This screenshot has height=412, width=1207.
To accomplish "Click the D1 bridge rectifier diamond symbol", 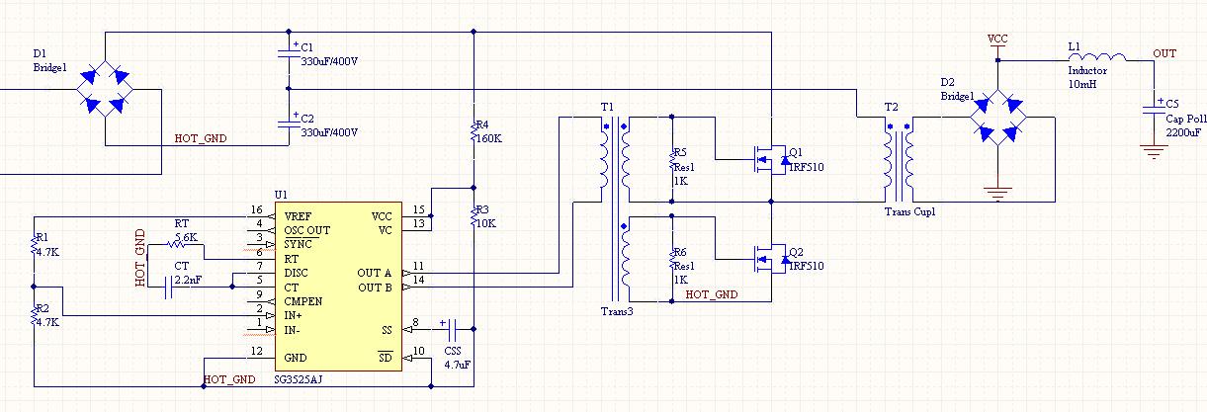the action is (105, 89).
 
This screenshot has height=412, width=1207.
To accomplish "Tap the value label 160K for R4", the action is (489, 138).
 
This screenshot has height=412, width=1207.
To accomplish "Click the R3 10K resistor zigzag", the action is (474, 216).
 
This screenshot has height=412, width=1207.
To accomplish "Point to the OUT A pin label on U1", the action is (374, 273).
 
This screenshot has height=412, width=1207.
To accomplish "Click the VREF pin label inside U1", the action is (298, 216).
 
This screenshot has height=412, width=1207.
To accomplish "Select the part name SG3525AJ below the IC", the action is (298, 379).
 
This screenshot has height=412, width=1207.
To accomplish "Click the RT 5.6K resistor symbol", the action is (176, 244).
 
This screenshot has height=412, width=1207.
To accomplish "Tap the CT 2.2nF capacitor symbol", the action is (168, 288).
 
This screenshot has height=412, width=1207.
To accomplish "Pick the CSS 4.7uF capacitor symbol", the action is (452, 329).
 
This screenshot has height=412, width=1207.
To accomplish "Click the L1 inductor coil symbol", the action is (1097, 56).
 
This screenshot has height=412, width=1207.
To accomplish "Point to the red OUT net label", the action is (1164, 53).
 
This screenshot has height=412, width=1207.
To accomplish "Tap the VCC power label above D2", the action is (997, 39).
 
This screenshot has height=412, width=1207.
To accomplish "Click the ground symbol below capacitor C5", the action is (1154, 152).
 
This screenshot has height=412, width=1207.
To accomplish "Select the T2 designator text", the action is (892, 107).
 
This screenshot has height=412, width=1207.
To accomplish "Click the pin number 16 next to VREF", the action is (256, 209).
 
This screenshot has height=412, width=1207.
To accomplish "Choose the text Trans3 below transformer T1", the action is (617, 311).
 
